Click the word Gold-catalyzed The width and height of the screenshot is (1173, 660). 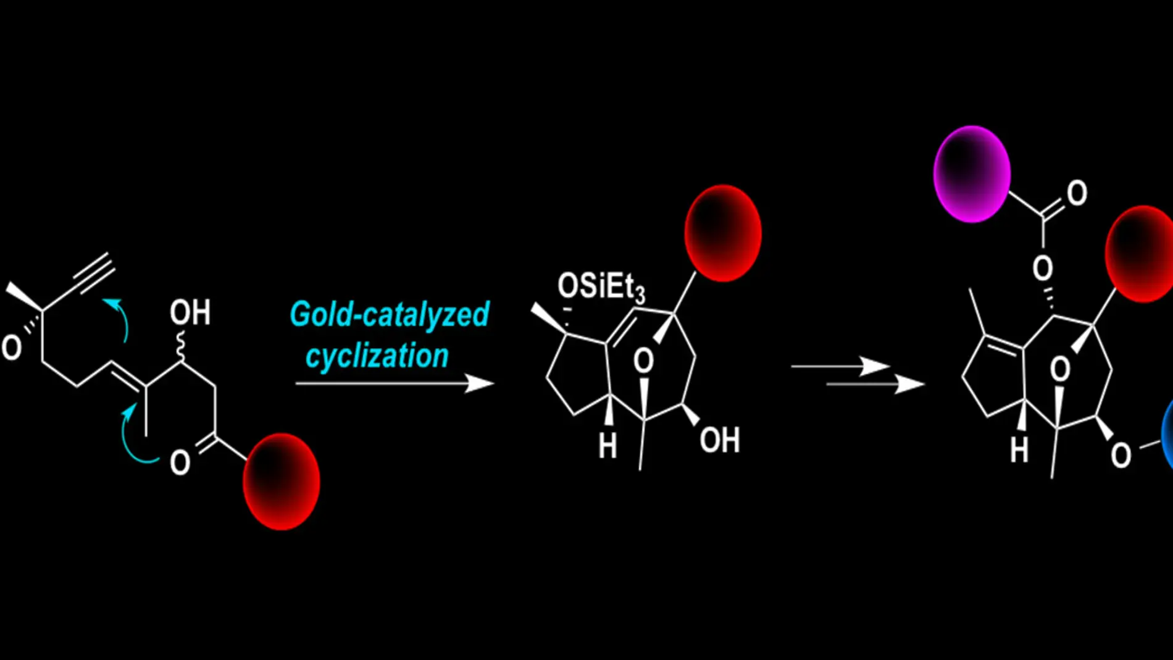(x=390, y=314)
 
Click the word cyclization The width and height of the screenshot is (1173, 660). (x=377, y=356)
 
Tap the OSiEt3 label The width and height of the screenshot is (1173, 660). (x=601, y=287)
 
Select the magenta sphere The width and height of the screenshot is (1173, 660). (x=972, y=174)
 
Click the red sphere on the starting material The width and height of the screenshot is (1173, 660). (x=281, y=481)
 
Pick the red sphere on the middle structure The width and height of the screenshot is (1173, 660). (x=722, y=233)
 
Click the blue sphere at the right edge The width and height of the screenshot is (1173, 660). (x=1167, y=435)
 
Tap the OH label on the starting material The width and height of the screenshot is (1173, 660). (x=190, y=313)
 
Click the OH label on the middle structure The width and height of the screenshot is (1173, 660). (x=719, y=440)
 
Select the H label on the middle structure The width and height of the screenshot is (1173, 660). (x=607, y=446)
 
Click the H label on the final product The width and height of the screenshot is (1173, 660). (x=1019, y=450)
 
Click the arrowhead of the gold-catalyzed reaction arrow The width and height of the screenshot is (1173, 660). (x=480, y=383)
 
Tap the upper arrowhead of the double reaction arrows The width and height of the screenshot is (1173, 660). (x=875, y=366)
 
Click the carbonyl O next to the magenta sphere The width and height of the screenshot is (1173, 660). (x=1077, y=193)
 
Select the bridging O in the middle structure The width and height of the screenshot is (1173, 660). (x=643, y=361)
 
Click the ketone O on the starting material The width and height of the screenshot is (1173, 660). (x=180, y=462)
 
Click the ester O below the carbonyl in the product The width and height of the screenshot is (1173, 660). (x=1043, y=268)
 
